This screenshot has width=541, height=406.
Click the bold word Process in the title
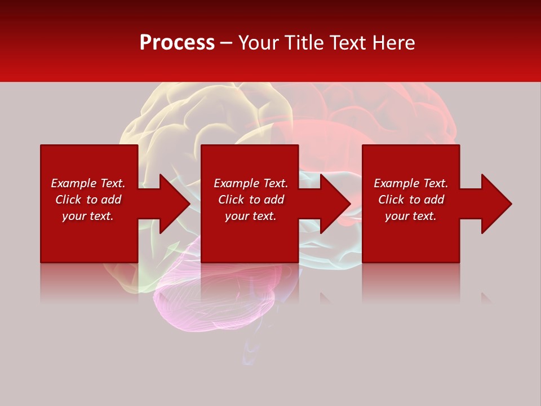[x=177, y=43]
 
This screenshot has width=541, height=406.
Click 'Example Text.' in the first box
[x=88, y=183]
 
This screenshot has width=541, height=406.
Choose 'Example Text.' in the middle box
[x=251, y=183]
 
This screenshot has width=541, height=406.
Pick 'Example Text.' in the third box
[x=411, y=183]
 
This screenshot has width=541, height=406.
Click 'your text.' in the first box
[x=88, y=216]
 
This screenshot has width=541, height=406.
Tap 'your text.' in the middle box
[x=251, y=216]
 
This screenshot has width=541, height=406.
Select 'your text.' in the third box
[x=411, y=216]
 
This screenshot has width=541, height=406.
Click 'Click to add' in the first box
[x=88, y=200]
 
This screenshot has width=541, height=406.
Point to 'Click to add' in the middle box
[x=251, y=200]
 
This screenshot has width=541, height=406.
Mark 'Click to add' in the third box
[x=411, y=200]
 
